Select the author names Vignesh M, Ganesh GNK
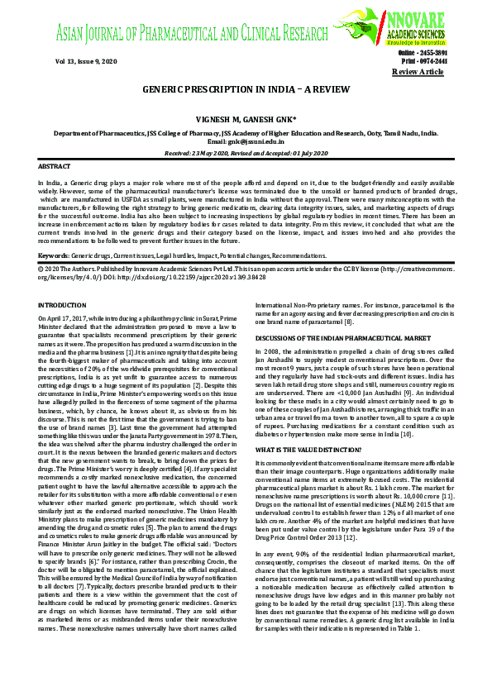tap(246, 119)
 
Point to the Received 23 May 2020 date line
tap(246, 152)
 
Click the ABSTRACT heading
tap(55, 166)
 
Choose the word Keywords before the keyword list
tap(55, 256)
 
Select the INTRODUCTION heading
tap(62, 305)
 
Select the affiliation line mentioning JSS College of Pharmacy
tap(246, 132)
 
